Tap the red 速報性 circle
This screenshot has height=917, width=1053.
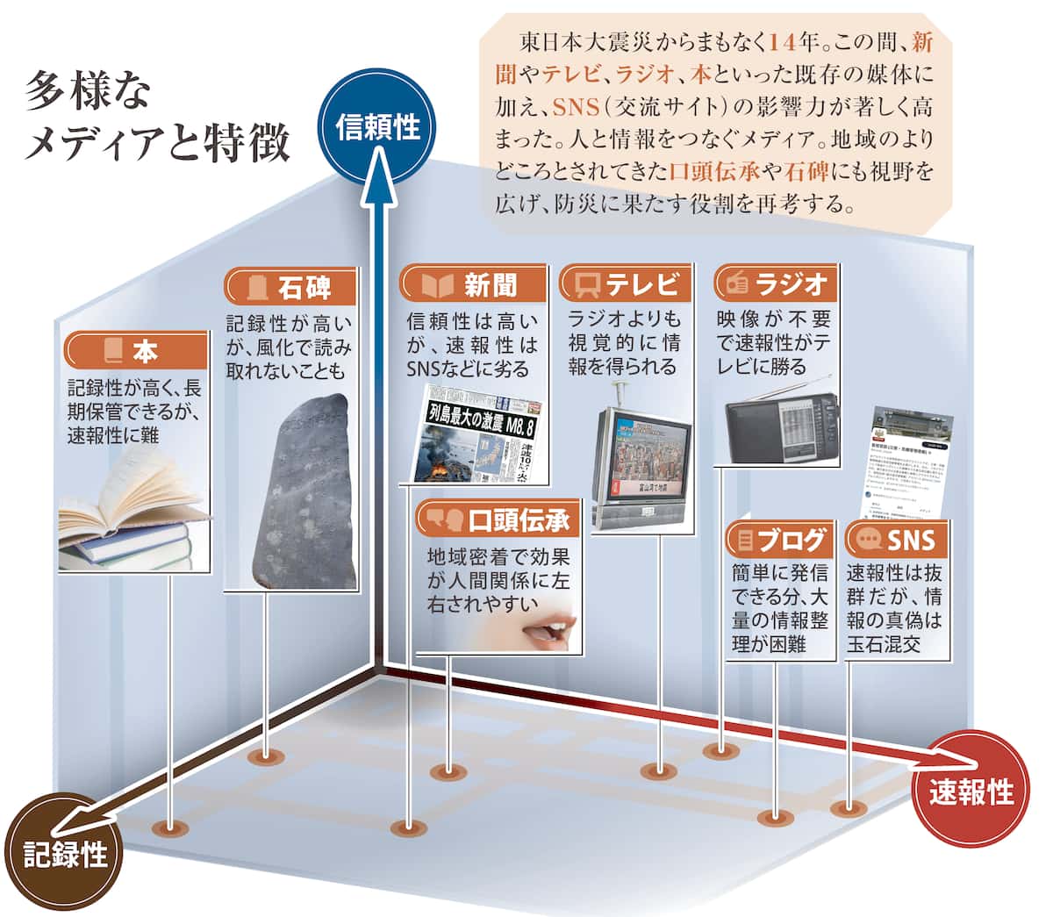[x=971, y=792]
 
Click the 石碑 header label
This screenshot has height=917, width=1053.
[x=290, y=287]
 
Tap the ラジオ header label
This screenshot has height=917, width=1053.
[x=776, y=284]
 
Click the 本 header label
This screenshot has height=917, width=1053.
[x=135, y=352]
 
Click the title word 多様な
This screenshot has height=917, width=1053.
[x=88, y=90]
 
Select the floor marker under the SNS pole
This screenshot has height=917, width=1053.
[x=848, y=808]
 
